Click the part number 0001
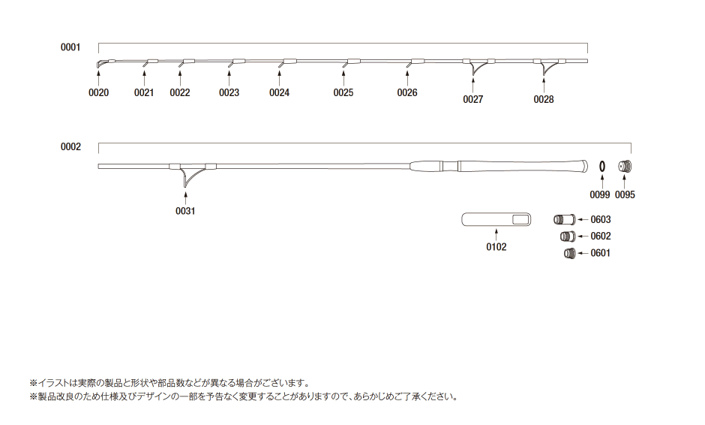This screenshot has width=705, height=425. coord(70,47)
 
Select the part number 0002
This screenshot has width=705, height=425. coord(70,147)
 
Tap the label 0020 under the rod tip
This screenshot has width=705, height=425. coord(99,93)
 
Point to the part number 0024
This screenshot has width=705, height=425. coord(279,93)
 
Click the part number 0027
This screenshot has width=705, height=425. coord(472,99)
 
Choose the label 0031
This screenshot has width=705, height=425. coord(185,211)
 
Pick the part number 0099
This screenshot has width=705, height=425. coord(599,194)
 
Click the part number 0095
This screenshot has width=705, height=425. coord(625,194)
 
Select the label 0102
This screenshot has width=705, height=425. coord(496,246)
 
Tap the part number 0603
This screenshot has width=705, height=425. coord(601,220)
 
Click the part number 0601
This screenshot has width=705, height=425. coord(601,253)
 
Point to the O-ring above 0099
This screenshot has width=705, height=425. coord(601,166)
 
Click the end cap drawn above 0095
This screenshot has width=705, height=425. coord(625,166)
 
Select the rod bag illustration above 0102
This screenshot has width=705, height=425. coord(496,219)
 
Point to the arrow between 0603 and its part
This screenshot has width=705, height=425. coord(582,220)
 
